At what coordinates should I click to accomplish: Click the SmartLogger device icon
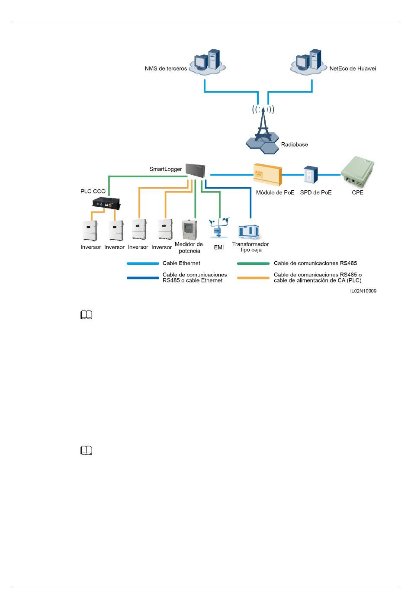[195, 170]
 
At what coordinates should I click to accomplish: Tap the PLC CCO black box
[106, 203]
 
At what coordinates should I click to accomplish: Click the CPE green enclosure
[358, 172]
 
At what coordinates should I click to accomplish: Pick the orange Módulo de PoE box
[268, 174]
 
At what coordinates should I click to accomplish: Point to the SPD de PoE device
[311, 175]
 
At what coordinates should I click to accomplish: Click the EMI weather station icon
[219, 228]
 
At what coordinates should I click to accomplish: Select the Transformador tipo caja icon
[249, 232]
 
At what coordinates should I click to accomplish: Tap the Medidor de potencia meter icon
[189, 230]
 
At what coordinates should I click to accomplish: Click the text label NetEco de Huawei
[353, 68]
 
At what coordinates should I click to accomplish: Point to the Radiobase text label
[295, 144]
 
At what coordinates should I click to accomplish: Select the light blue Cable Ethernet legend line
[143, 263]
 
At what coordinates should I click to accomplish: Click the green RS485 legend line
[253, 263]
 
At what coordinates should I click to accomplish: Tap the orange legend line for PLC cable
[253, 278]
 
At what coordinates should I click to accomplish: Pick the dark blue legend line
[143, 278]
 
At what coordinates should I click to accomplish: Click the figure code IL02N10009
[363, 291]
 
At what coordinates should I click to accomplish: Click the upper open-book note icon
[86, 314]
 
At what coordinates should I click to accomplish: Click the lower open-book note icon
[86, 450]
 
